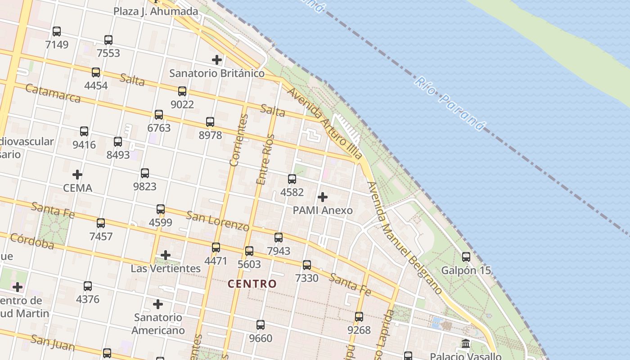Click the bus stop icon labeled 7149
(57, 31)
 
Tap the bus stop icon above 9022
(182, 91)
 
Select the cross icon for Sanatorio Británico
(217, 59)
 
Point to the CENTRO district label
(252, 284)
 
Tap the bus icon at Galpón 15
(466, 257)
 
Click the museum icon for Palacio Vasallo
(466, 343)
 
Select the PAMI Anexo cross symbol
(323, 197)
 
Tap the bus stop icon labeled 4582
(292, 179)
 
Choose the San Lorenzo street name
(217, 220)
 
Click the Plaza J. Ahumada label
(156, 11)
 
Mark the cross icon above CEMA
(77, 175)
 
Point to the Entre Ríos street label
(265, 159)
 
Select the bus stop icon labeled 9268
(359, 317)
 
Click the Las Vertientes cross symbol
(166, 256)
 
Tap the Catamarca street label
(53, 93)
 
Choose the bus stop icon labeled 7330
(307, 265)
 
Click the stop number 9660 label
(261, 338)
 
